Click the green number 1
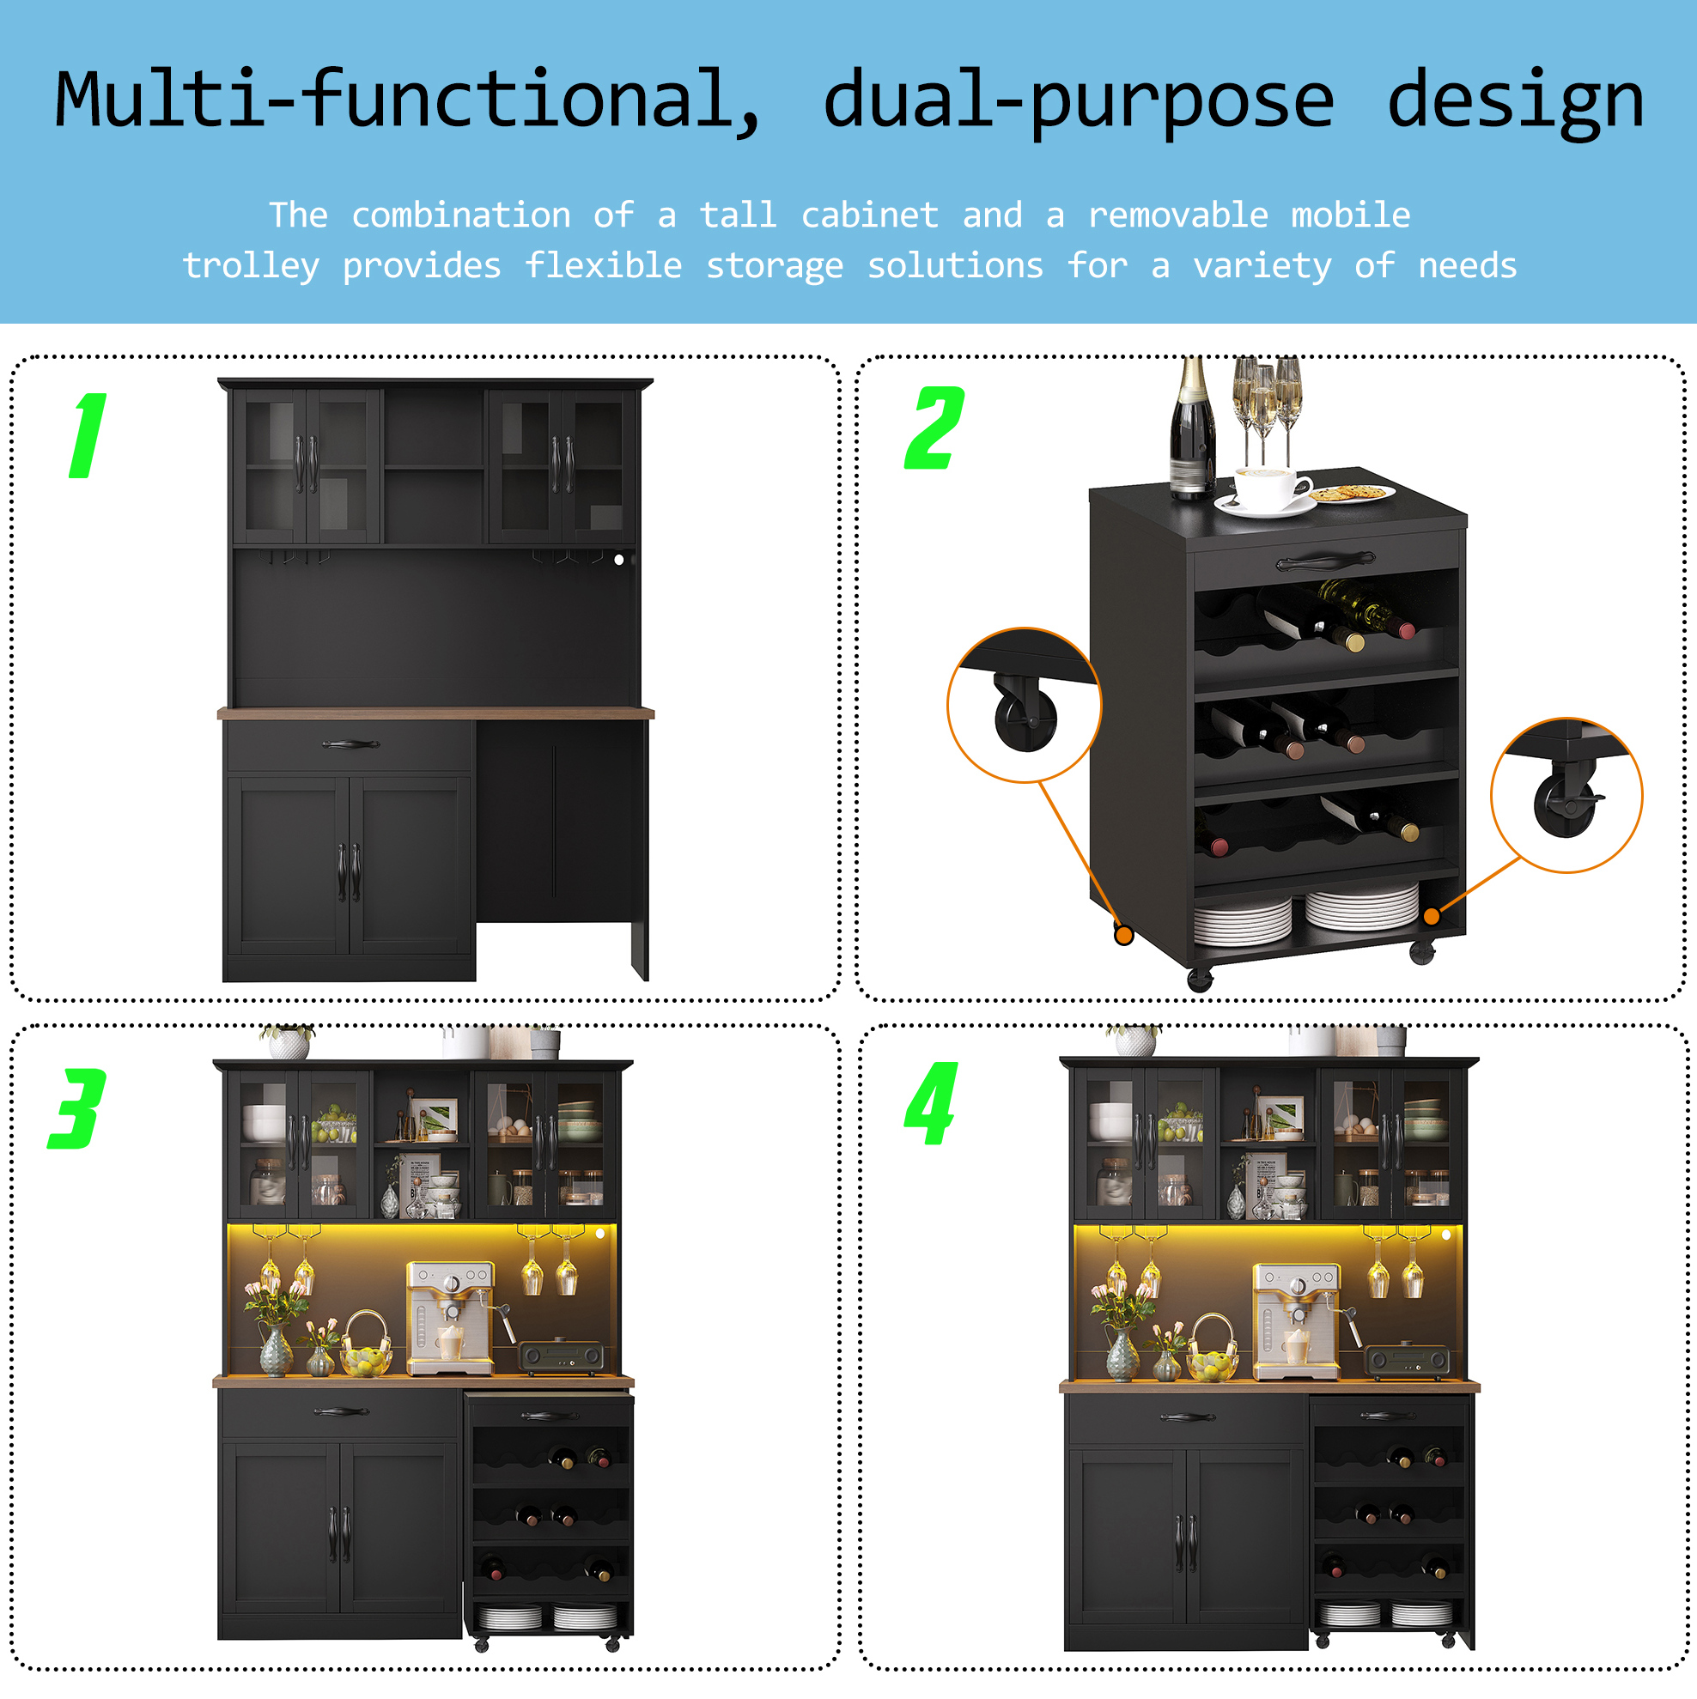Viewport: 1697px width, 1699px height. [88, 435]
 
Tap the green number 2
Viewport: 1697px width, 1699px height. [934, 428]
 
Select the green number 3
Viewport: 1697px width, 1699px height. [77, 1108]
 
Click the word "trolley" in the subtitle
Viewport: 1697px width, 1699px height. [251, 265]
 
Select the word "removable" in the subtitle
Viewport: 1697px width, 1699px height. [1178, 215]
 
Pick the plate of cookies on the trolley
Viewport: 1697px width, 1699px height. [1351, 494]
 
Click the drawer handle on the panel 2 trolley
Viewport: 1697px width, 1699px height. [1325, 560]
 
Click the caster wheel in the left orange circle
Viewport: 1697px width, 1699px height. [1024, 713]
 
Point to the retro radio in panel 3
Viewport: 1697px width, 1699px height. [562, 1357]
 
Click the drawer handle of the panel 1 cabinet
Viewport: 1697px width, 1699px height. [350, 745]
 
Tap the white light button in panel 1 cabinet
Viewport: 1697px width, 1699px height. [618, 559]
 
